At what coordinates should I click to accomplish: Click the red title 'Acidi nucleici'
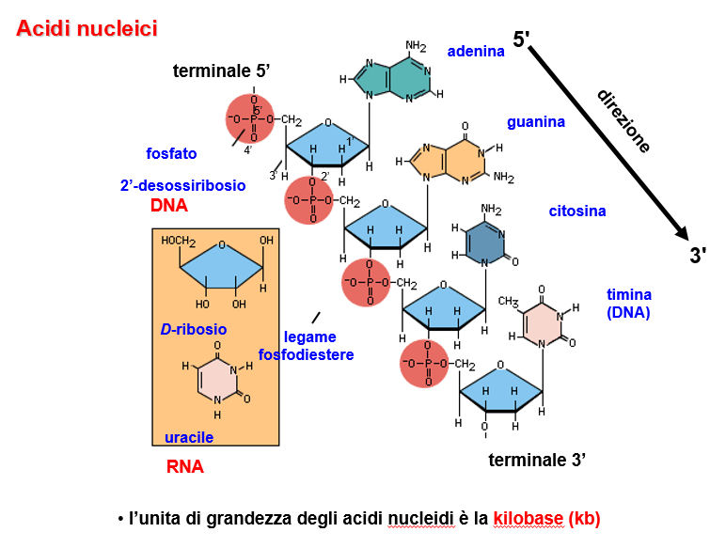coord(87,29)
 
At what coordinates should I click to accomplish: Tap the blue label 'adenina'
coord(476,51)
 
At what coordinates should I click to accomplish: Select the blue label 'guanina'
coord(536,122)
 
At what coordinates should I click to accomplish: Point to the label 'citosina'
coord(577,211)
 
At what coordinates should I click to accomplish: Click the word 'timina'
coord(629,294)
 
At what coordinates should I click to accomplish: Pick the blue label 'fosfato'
coord(171,152)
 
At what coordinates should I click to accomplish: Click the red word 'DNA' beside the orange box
coord(169,206)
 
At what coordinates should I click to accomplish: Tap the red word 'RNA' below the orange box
coord(185,466)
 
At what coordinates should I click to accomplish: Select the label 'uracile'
coord(189,438)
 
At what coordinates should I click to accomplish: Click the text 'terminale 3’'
coord(538,461)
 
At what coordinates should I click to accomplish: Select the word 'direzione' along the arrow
coord(623,121)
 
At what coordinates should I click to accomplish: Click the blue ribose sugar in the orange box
coord(221,267)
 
